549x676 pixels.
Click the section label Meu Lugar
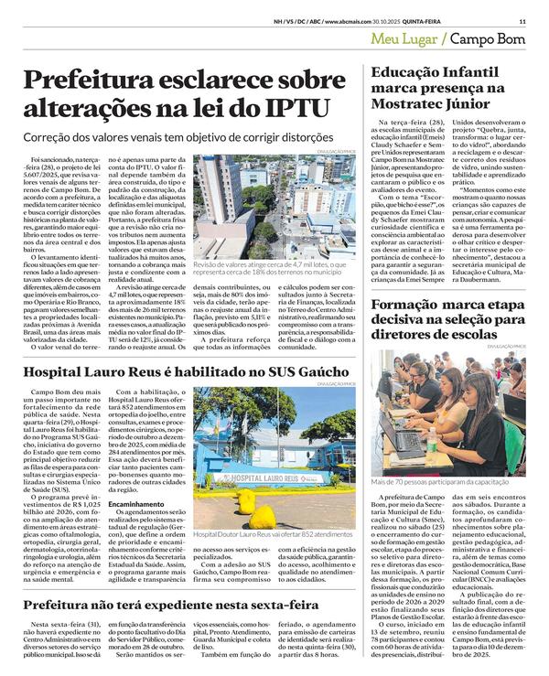click(403, 40)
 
